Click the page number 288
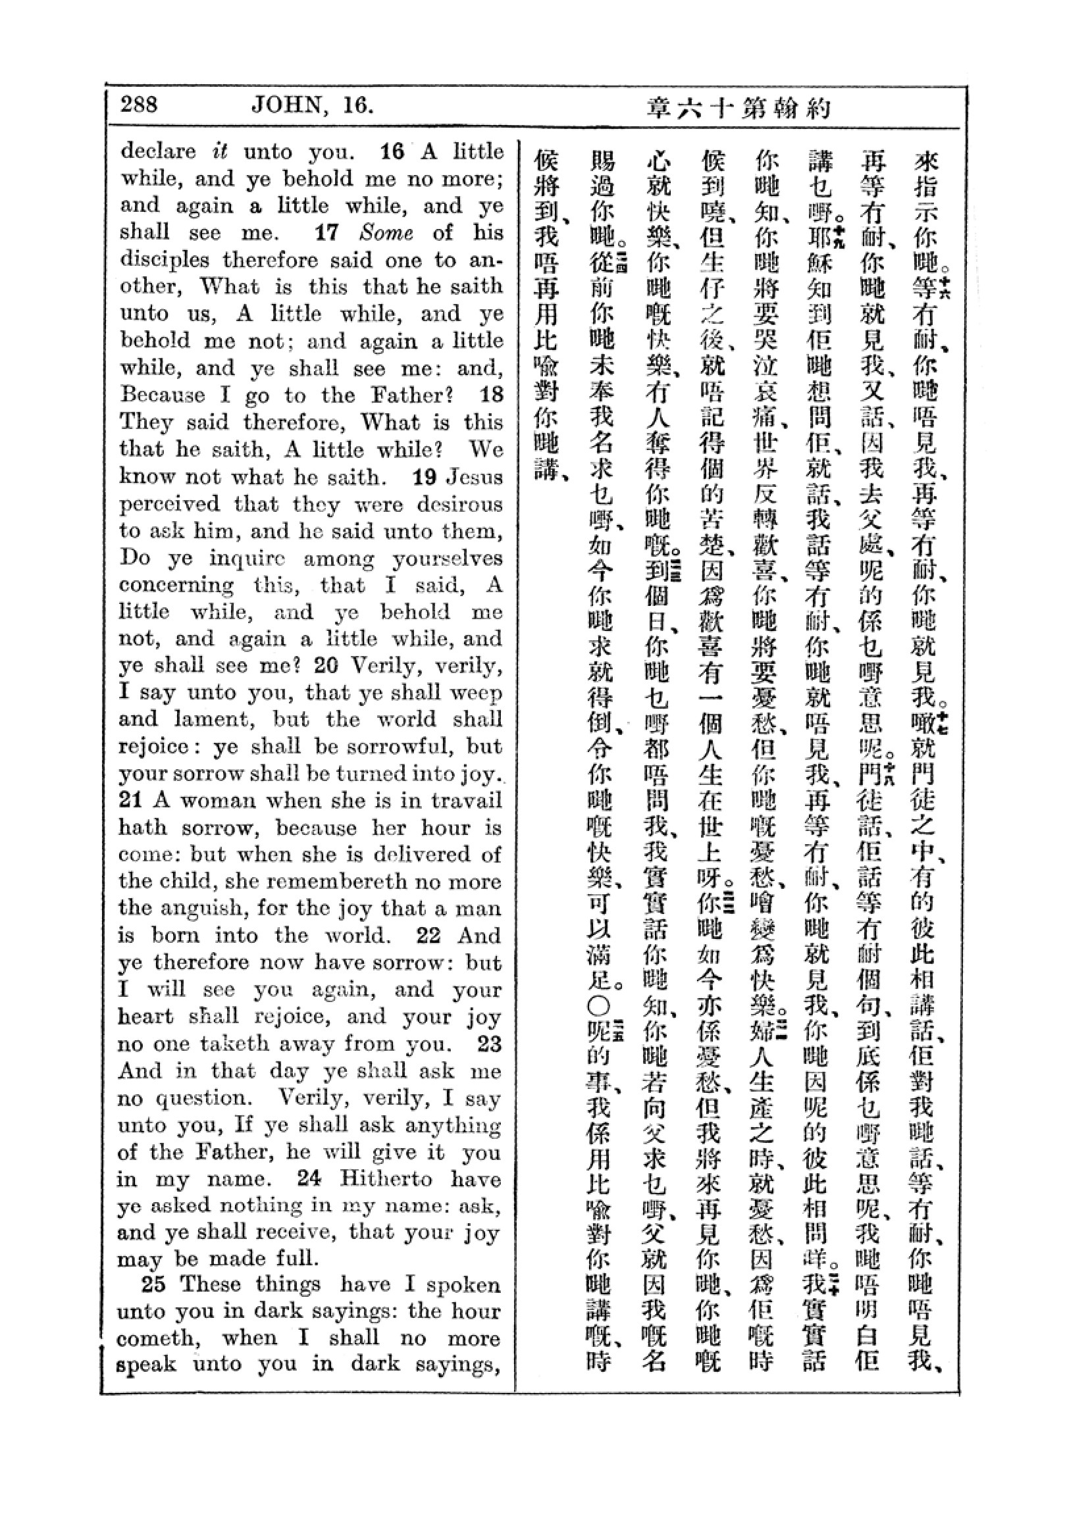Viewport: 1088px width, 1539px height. [x=139, y=105]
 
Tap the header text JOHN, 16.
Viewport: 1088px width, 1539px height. [x=312, y=105]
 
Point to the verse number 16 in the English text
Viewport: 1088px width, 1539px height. [x=392, y=151]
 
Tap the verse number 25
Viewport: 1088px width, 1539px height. [x=153, y=1284]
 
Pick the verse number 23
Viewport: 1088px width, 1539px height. [x=488, y=1043]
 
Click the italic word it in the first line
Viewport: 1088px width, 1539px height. [x=220, y=151]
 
